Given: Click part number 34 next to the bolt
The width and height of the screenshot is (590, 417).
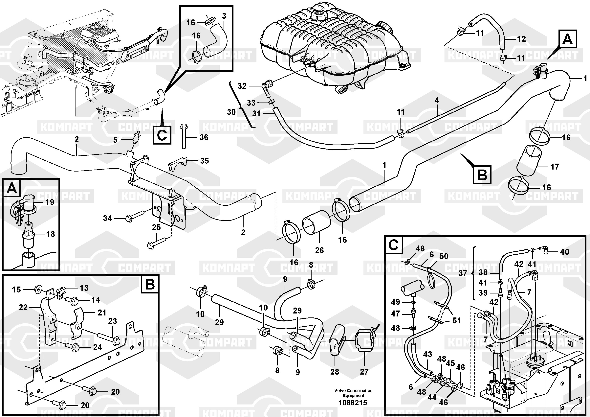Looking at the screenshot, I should coord(107,218).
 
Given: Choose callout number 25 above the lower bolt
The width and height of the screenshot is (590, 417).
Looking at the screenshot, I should coord(156,227).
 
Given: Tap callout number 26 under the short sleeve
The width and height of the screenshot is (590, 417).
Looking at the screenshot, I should coord(319,250).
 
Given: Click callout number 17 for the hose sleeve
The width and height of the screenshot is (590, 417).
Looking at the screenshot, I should coord(555,167).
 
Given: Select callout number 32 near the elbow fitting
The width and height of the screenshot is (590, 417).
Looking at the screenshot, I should coord(242,86).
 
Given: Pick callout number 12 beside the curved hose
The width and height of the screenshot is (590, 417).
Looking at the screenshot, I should coord(521,39).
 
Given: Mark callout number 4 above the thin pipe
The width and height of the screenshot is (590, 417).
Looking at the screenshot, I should coord(437,100).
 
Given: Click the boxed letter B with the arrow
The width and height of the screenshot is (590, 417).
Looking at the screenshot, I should coord(482,175).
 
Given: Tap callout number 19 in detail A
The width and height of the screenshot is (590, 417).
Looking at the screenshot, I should coord(50,202).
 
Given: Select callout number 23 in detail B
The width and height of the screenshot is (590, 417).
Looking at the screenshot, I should coord(113,321).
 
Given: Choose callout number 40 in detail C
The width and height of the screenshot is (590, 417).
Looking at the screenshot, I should coord(565,252).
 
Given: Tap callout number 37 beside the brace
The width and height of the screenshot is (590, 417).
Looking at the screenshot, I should coord(463,273).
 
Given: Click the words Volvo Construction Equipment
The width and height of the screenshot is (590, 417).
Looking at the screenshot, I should coord(353,393).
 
